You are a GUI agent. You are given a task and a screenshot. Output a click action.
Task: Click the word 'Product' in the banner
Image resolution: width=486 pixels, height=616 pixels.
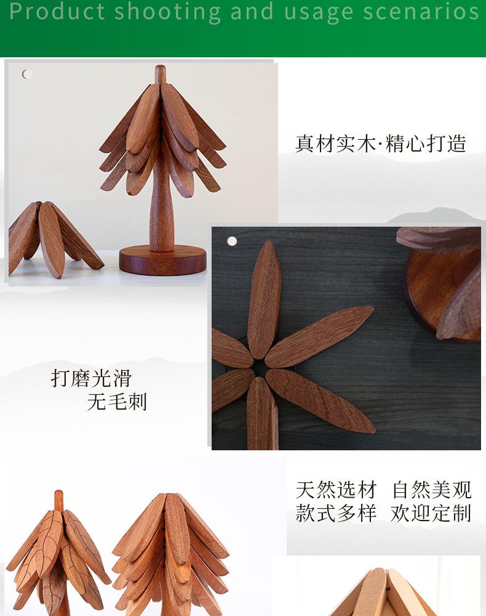(x=57, y=11)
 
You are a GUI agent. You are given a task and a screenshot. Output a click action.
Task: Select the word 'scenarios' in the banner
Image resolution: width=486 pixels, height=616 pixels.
(x=421, y=11)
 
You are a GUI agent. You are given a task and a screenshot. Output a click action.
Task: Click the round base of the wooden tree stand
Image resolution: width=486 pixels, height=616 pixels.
(x=162, y=260)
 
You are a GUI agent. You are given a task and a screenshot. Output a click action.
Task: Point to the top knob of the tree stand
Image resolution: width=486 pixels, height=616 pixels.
(x=160, y=75)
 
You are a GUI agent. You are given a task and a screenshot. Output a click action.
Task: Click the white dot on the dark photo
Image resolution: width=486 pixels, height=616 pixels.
(x=232, y=241)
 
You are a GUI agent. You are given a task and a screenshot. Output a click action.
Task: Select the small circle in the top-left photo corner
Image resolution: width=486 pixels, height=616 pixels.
(x=27, y=74)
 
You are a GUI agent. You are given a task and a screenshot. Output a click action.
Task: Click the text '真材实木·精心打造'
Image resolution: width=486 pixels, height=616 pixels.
(x=380, y=144)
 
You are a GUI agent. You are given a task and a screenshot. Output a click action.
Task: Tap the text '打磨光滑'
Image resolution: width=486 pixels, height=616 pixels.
(x=91, y=378)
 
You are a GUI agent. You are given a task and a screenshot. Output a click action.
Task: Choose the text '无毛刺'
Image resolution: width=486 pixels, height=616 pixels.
(x=117, y=402)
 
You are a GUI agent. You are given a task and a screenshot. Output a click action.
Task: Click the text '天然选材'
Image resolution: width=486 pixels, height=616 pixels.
(x=336, y=490)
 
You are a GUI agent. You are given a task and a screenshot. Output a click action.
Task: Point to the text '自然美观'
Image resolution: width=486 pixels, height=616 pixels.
(x=431, y=490)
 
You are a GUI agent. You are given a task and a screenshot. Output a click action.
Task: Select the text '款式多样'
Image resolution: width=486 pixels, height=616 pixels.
(x=336, y=513)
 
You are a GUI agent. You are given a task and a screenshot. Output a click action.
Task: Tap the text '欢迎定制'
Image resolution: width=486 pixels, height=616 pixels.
(x=431, y=513)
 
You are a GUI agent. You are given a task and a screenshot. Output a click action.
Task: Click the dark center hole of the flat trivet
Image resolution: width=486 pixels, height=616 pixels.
(x=260, y=368)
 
